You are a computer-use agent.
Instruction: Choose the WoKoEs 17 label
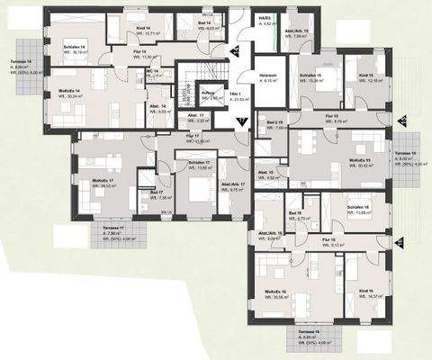pos(103,182)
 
